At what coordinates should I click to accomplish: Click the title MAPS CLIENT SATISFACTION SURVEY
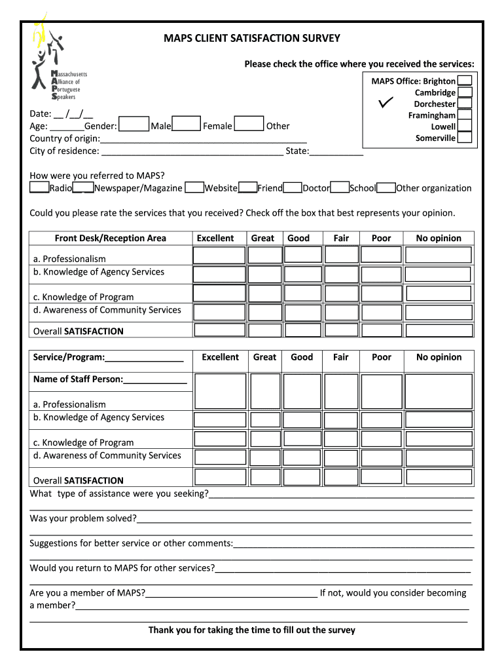[252, 38]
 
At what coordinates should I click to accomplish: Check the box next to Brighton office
[465, 81]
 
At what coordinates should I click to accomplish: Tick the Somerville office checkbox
[465, 138]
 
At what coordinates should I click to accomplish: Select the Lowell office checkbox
[465, 126]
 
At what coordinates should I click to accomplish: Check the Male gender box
[134, 125]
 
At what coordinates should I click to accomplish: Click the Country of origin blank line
[204, 139]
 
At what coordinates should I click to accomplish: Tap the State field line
[336, 151]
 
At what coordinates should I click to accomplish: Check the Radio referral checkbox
[39, 188]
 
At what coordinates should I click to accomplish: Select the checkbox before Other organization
[386, 188]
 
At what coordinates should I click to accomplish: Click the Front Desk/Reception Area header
[110, 239]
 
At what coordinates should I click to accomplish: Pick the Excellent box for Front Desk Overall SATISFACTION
[220, 330]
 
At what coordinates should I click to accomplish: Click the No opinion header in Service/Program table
[439, 357]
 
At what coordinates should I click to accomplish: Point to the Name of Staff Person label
[78, 379]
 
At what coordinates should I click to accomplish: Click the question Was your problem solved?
[83, 518]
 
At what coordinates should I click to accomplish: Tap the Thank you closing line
[251, 630]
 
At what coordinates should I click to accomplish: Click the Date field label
[41, 113]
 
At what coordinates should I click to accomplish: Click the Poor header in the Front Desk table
[381, 239]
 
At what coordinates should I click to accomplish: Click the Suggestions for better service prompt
[131, 543]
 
